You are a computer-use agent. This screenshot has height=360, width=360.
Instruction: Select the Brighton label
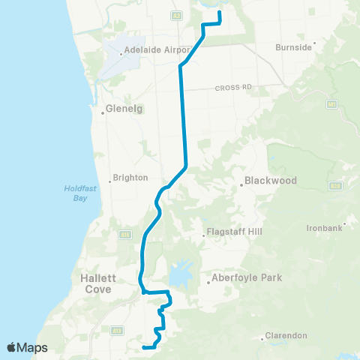[x=133, y=178]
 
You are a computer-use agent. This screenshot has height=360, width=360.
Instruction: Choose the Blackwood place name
[x=271, y=181]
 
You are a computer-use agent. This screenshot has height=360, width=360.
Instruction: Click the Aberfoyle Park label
[x=247, y=278]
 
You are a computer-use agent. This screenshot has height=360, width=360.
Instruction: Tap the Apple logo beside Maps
[x=12, y=347]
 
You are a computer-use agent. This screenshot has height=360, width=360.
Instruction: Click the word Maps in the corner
[x=33, y=347]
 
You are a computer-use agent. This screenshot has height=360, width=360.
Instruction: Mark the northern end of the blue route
[x=219, y=13]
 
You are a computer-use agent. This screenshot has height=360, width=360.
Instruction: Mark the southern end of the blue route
[x=142, y=346]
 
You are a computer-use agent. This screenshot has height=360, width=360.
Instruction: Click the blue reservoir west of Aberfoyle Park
[x=180, y=274]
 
